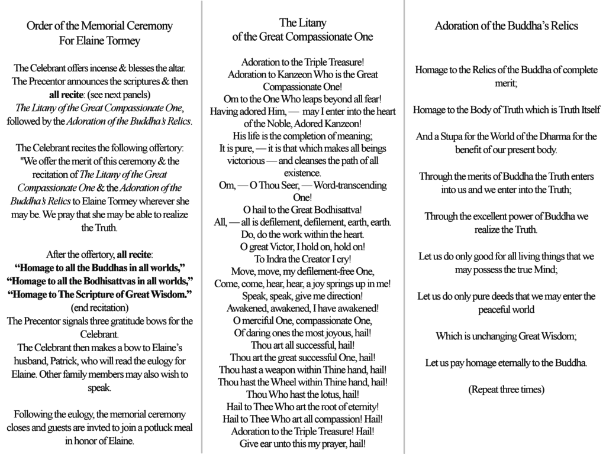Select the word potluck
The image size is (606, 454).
click(x=146, y=427)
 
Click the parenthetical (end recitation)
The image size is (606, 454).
click(x=99, y=308)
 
